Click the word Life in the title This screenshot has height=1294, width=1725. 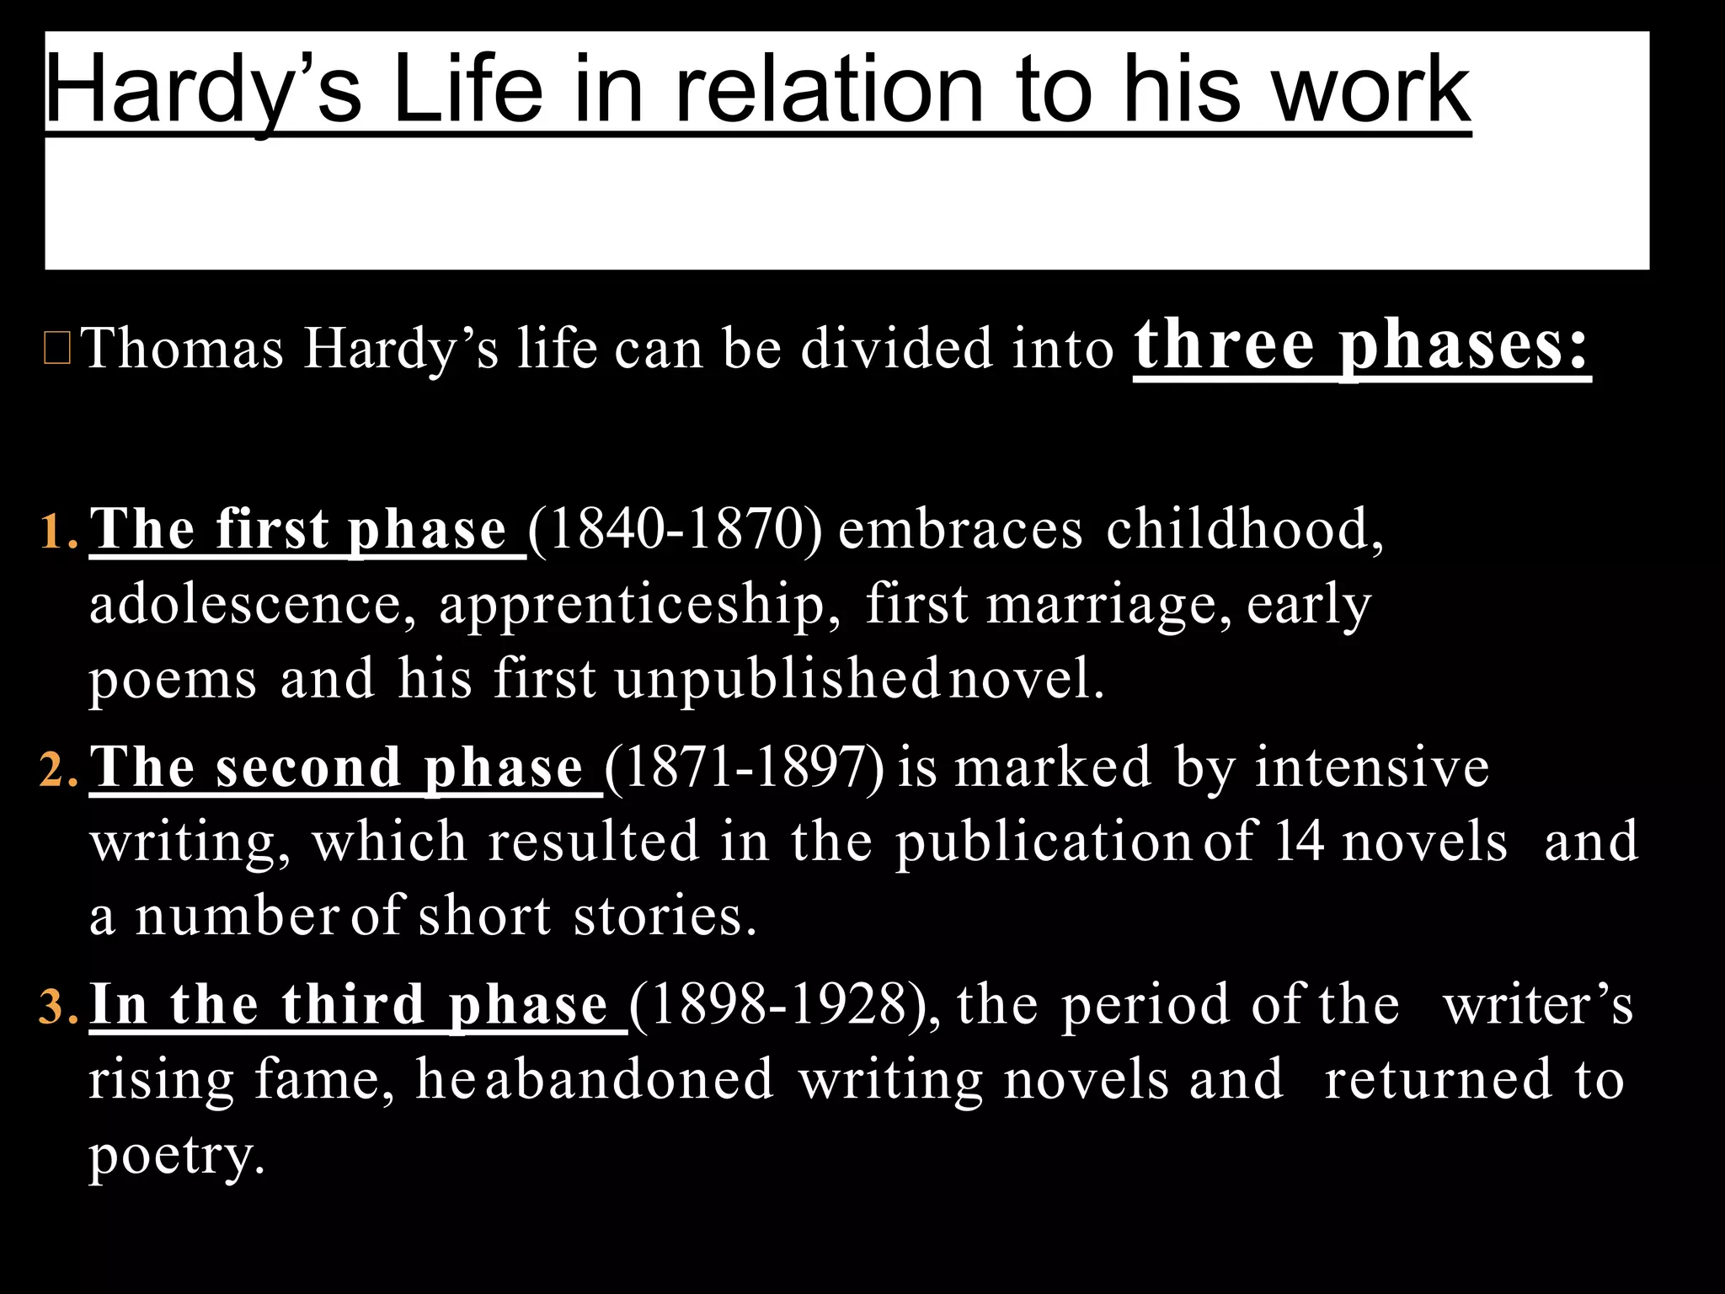(x=467, y=88)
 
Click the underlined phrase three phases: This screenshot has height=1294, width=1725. (x=1361, y=345)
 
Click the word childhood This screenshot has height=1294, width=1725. (x=1244, y=531)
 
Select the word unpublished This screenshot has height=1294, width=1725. (x=777, y=679)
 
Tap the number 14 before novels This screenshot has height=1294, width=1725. (x=1299, y=841)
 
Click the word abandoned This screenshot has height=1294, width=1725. (x=629, y=1080)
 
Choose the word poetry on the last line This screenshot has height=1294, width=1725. (x=177, y=1156)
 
